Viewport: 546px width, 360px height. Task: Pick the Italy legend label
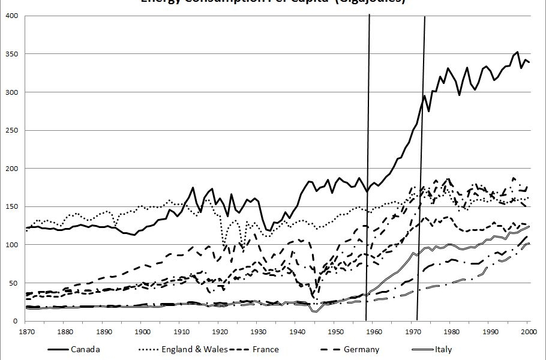coord(443,350)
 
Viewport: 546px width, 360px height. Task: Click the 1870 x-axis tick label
coord(26,331)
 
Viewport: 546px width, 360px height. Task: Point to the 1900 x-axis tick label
coord(142,331)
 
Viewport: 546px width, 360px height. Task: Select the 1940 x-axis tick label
coord(296,331)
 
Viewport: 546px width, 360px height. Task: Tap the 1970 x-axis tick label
coord(412,331)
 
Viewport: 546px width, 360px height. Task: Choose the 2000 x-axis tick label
coord(528,331)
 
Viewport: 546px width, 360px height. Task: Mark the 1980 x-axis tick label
coord(451,331)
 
